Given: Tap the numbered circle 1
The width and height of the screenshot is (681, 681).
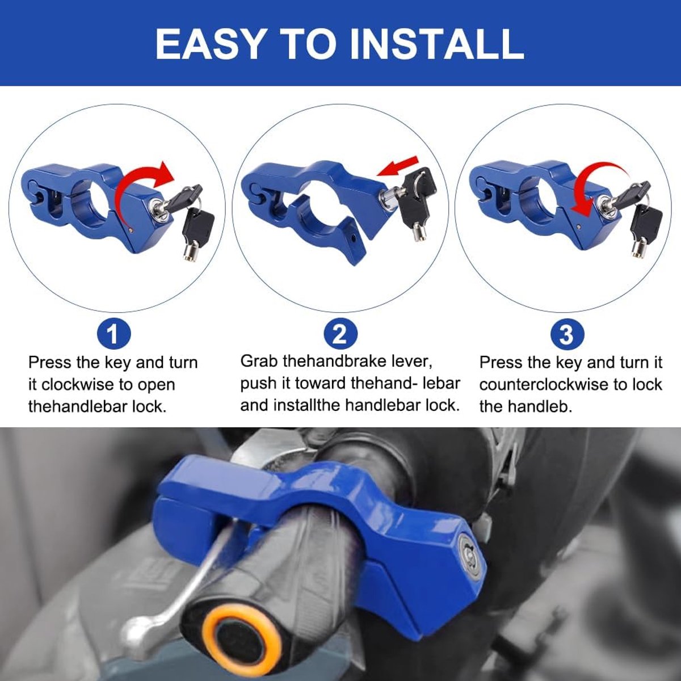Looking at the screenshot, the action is pos(114,334).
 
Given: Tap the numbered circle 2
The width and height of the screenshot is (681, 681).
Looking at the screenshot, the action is pos(340,334).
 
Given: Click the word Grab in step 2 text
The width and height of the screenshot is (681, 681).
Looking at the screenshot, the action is pos(259,362).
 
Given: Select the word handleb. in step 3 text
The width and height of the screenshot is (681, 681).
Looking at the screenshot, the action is pos(540,406).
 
